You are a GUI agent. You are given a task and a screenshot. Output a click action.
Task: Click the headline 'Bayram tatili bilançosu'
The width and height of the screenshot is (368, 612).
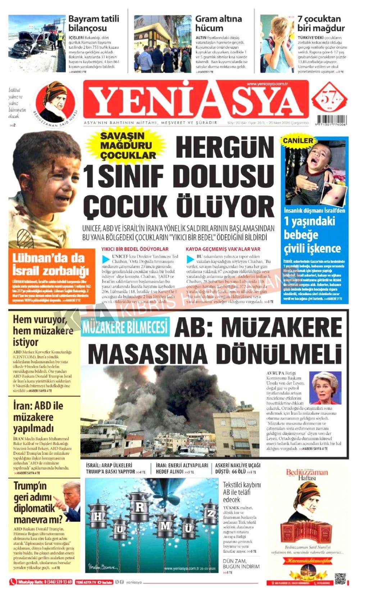[94, 23]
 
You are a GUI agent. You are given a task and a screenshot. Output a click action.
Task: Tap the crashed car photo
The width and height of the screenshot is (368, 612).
[36, 43]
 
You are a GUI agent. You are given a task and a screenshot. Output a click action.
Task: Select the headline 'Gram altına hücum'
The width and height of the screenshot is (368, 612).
[218, 23]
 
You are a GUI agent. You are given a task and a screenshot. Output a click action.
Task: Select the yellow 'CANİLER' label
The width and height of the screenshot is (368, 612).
[298, 141]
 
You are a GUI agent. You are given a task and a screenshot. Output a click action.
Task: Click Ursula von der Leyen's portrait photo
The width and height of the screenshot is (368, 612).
[325, 388]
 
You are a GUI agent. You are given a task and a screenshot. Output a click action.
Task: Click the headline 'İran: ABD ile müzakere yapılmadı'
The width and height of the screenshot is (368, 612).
[38, 417]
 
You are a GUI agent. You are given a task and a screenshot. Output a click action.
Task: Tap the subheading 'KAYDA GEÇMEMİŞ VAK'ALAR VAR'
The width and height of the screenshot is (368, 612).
[223, 249]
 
